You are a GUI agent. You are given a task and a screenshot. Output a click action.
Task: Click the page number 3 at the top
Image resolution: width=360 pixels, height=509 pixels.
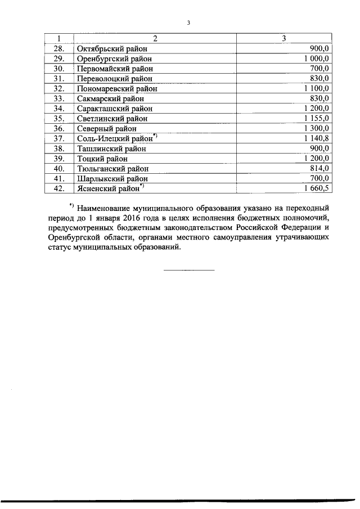(189, 23)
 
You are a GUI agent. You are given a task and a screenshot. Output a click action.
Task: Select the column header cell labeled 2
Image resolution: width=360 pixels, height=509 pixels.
(154, 38)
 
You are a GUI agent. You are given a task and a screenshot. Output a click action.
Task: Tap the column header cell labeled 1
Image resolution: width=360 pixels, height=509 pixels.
(58, 38)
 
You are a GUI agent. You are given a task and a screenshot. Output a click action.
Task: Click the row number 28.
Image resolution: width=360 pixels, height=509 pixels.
(58, 48)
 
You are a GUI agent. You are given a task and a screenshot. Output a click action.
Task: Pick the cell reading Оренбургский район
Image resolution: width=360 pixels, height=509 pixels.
(115, 58)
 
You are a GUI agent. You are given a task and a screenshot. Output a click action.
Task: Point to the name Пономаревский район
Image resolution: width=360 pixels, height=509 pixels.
(117, 88)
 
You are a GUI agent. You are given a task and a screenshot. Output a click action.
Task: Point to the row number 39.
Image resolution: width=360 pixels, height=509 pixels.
(58, 159)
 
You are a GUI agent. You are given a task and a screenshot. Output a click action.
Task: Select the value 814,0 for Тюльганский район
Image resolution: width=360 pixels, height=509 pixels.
(319, 168)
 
